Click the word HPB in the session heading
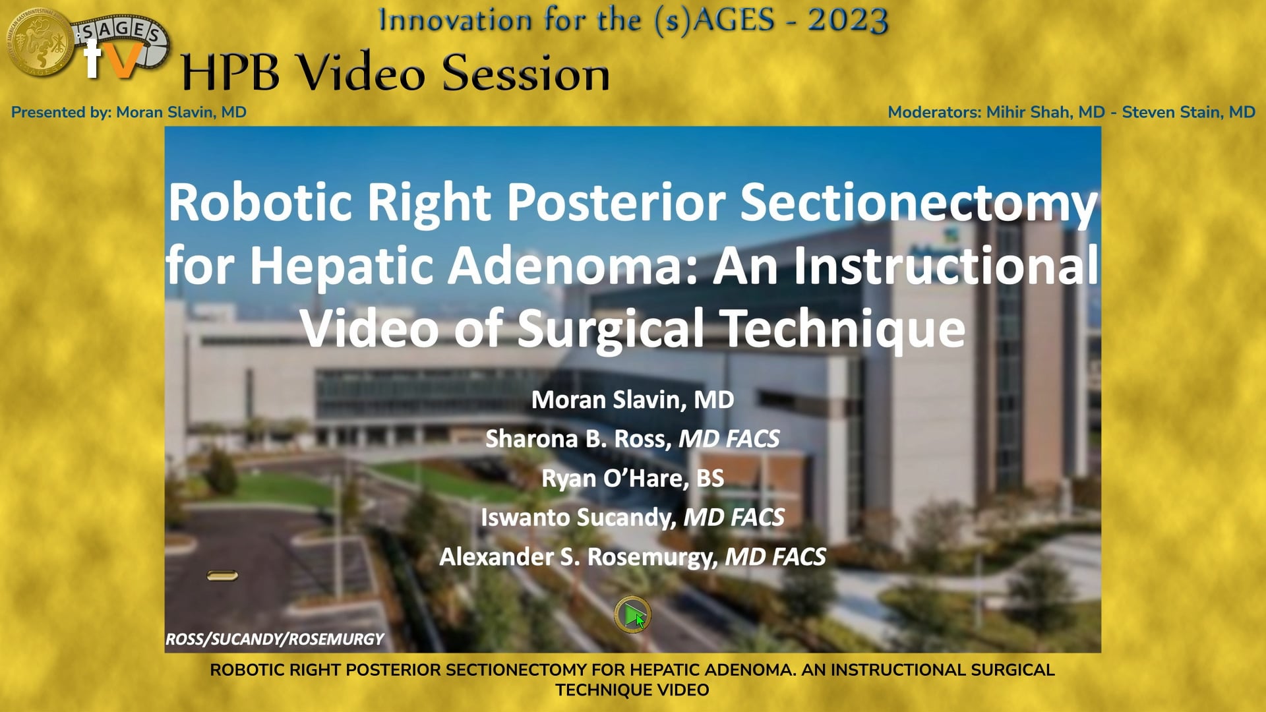(230, 73)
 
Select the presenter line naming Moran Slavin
(129, 112)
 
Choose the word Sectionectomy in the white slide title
(919, 203)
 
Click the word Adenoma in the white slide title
(572, 266)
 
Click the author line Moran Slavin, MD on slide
(632, 400)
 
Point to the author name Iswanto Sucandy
(578, 518)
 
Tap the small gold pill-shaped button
(222, 576)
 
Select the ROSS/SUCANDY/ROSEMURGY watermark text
(274, 639)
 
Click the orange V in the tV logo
(121, 61)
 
